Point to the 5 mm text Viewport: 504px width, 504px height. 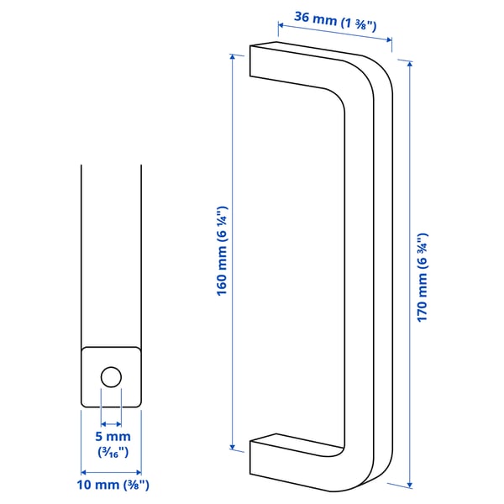click(x=111, y=437)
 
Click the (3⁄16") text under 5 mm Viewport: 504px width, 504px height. click(x=111, y=453)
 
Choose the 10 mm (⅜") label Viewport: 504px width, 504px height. click(x=111, y=485)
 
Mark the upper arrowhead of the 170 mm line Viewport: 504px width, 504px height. click(x=409, y=64)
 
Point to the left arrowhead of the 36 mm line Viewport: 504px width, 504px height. click(x=280, y=25)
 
